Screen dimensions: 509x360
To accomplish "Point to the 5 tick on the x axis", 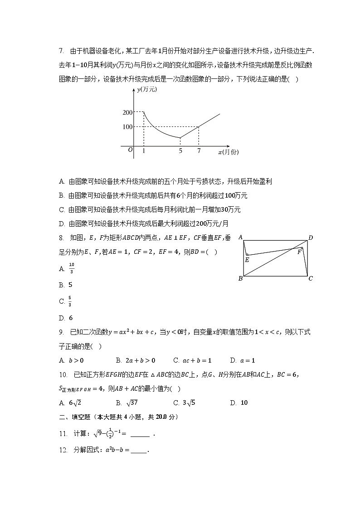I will pyautogui.click(x=180, y=150).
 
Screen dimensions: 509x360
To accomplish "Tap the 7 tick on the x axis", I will pyautogui.click(x=199, y=150).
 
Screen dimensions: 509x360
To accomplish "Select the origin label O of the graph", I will pyautogui.click(x=130, y=150).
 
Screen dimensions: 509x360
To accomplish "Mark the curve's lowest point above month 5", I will pyautogui.click(x=180, y=137).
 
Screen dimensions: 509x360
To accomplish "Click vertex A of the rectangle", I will pyautogui.click(x=240, y=237).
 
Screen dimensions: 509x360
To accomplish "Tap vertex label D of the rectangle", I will pyautogui.click(x=311, y=238).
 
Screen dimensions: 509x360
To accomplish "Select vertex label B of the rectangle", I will pyautogui.click(x=240, y=278).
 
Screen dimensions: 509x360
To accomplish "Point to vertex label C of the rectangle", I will pyautogui.click(x=311, y=278).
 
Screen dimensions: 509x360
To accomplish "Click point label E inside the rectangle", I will pyautogui.click(x=247, y=260).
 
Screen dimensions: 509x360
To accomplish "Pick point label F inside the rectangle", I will pyautogui.click(x=299, y=252).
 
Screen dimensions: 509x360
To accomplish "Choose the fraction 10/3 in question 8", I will pyautogui.click(x=71, y=268).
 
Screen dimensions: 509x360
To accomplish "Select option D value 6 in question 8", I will pyautogui.click(x=71, y=318).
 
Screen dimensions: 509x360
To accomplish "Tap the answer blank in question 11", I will pyautogui.click(x=140, y=434).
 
